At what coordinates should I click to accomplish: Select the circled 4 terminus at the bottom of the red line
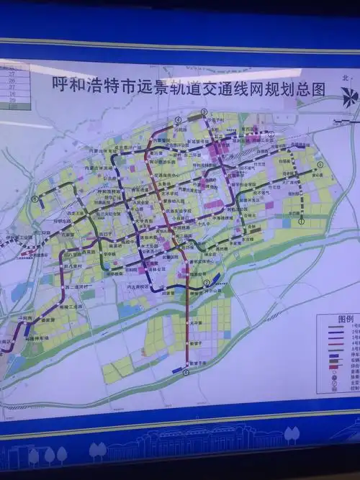(x=186, y=373)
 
